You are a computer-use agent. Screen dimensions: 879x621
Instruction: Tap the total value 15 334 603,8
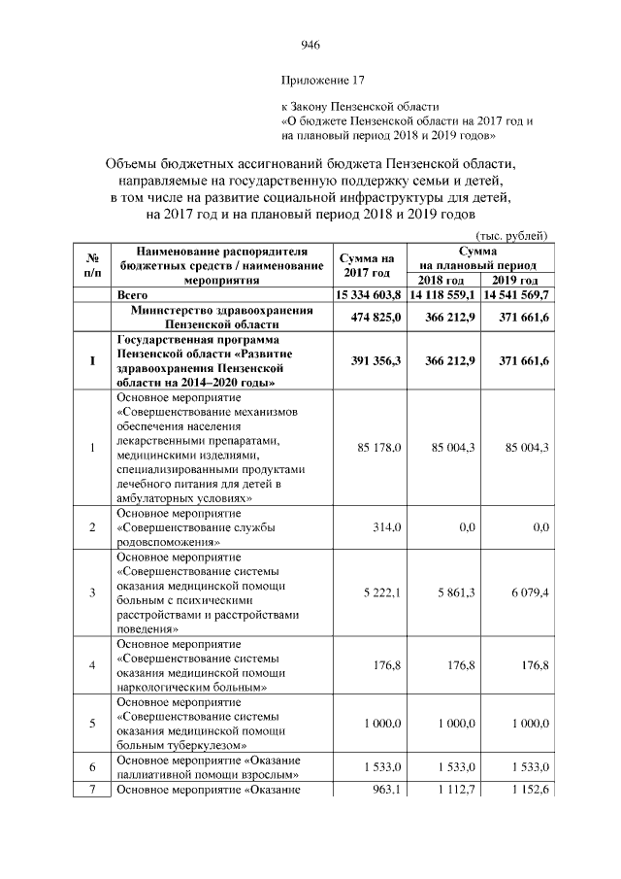point(368,293)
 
